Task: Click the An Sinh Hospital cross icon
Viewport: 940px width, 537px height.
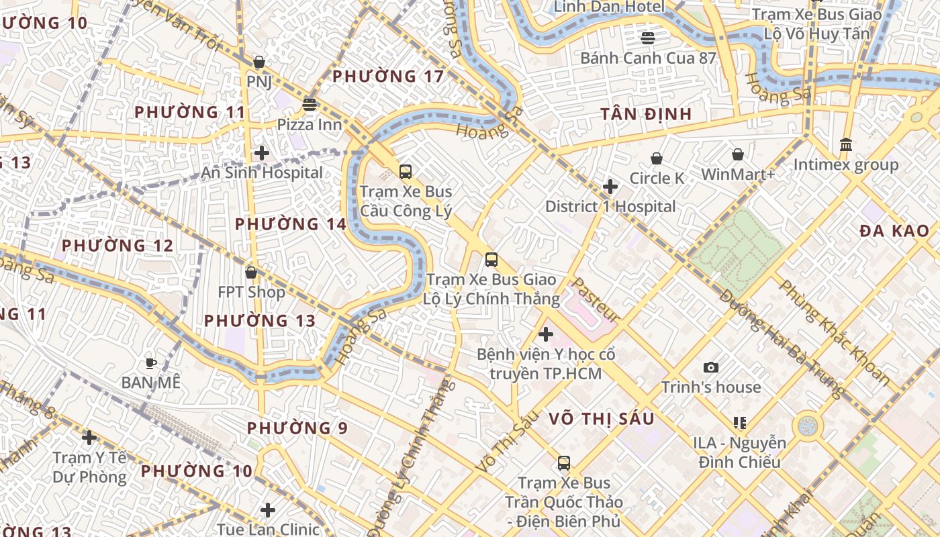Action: tap(262, 153)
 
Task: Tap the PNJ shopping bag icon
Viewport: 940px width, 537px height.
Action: tap(259, 62)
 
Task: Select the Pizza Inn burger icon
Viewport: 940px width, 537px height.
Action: tap(310, 105)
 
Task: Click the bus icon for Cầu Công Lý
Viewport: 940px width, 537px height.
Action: tap(406, 172)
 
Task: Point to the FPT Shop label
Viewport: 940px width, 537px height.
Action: tap(251, 292)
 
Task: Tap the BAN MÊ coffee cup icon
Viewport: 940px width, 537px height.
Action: tap(151, 364)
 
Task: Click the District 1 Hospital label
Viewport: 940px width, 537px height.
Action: tap(610, 206)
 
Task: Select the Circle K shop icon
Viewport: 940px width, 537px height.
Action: tap(657, 159)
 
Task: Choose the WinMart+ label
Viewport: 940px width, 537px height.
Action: tap(738, 175)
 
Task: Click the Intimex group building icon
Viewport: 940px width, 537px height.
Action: tap(846, 145)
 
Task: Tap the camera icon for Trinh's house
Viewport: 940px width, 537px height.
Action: tap(711, 368)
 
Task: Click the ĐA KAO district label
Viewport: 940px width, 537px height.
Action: tap(894, 231)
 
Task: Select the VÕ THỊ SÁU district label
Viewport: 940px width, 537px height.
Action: tap(601, 419)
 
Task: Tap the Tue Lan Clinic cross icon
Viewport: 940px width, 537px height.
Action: tap(268, 510)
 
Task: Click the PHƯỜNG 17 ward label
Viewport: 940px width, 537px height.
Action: tap(388, 77)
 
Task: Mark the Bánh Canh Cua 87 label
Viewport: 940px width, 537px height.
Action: tap(648, 58)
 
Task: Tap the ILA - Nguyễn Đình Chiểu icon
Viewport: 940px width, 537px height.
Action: tap(740, 423)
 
